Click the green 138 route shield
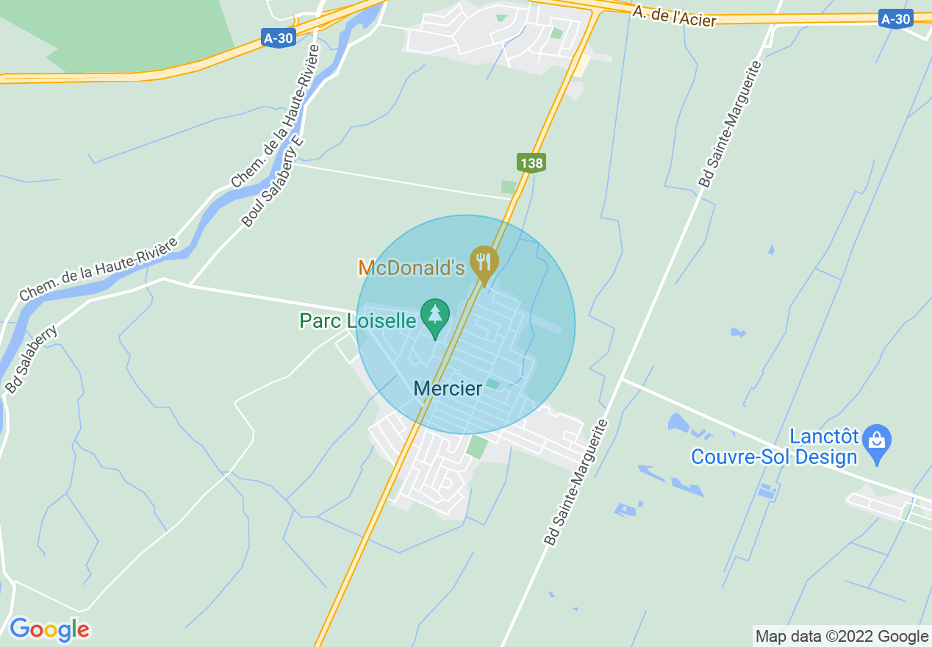pyautogui.click(x=531, y=162)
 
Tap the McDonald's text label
pyautogui.click(x=412, y=268)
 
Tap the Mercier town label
pyautogui.click(x=448, y=388)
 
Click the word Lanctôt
pyautogui.click(x=823, y=437)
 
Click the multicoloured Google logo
pyautogui.click(x=49, y=629)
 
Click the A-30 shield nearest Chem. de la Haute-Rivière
pyautogui.click(x=279, y=37)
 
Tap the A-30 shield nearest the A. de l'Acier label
pyautogui.click(x=895, y=19)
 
